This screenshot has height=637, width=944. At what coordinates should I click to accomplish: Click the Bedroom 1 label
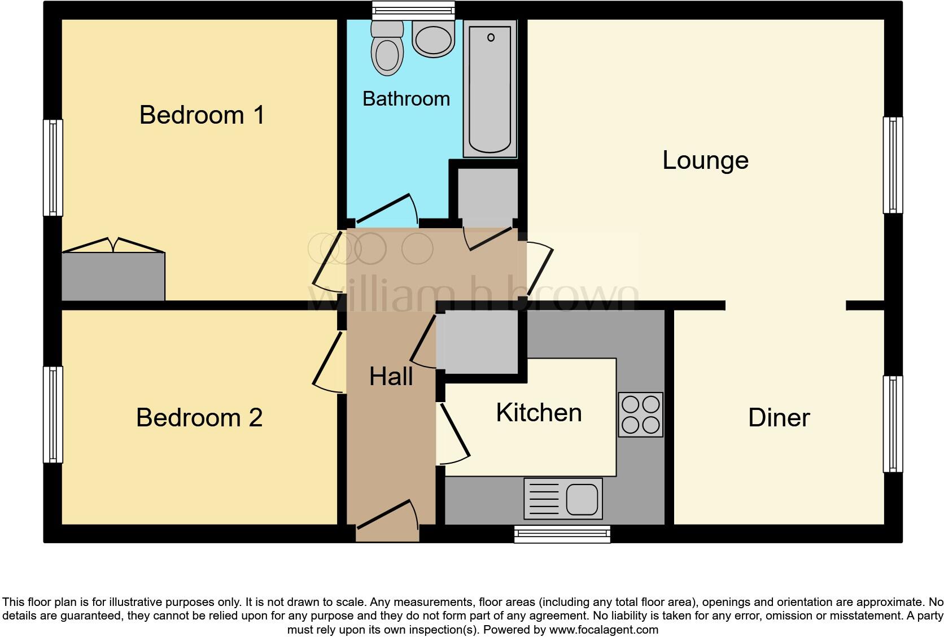[x=202, y=115]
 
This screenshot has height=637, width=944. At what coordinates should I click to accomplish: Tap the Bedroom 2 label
[x=199, y=418]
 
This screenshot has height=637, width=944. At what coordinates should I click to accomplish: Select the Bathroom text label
[x=406, y=99]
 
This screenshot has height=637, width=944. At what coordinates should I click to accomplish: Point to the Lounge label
[x=705, y=160]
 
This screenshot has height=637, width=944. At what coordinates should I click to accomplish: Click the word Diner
[x=779, y=418]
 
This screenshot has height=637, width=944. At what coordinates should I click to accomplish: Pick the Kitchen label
[x=539, y=413]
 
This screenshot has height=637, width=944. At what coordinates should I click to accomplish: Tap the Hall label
[x=391, y=377]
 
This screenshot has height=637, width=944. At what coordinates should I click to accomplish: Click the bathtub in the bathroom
[x=490, y=89]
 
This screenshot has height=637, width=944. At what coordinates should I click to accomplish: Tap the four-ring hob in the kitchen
[x=640, y=415]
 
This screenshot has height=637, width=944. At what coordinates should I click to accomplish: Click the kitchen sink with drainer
[x=563, y=499]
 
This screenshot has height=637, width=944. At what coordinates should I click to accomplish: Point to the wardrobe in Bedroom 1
[x=113, y=276]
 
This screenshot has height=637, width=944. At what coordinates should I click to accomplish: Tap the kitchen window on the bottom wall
[x=562, y=534]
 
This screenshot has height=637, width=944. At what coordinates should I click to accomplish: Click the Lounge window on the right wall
[x=893, y=165]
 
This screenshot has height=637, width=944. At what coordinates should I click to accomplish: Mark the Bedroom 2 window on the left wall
[x=53, y=415]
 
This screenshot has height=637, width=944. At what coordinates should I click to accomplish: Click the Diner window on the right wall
[x=893, y=424]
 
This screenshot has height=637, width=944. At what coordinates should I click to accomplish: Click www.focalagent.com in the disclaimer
[x=603, y=629]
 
